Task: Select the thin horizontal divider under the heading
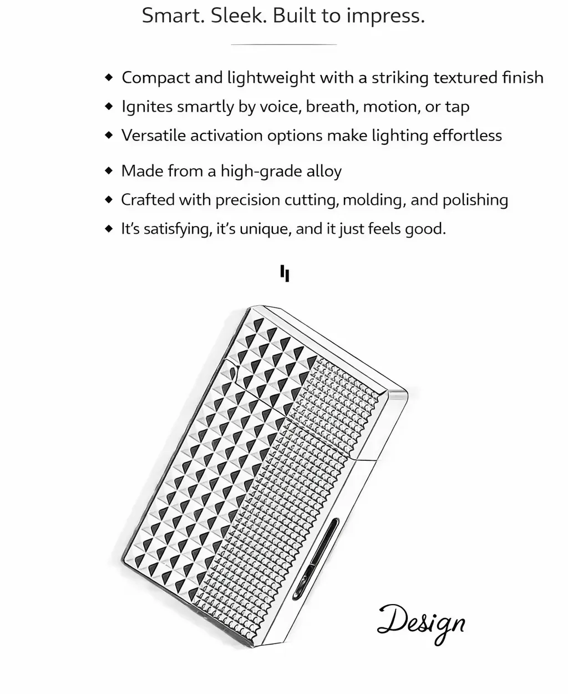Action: coord(283,44)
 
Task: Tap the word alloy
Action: coord(324,171)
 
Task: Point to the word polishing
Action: coord(475,200)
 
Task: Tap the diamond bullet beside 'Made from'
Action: coord(109,171)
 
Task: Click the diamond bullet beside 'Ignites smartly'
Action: coord(109,107)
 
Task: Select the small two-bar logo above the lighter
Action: coord(285,274)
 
